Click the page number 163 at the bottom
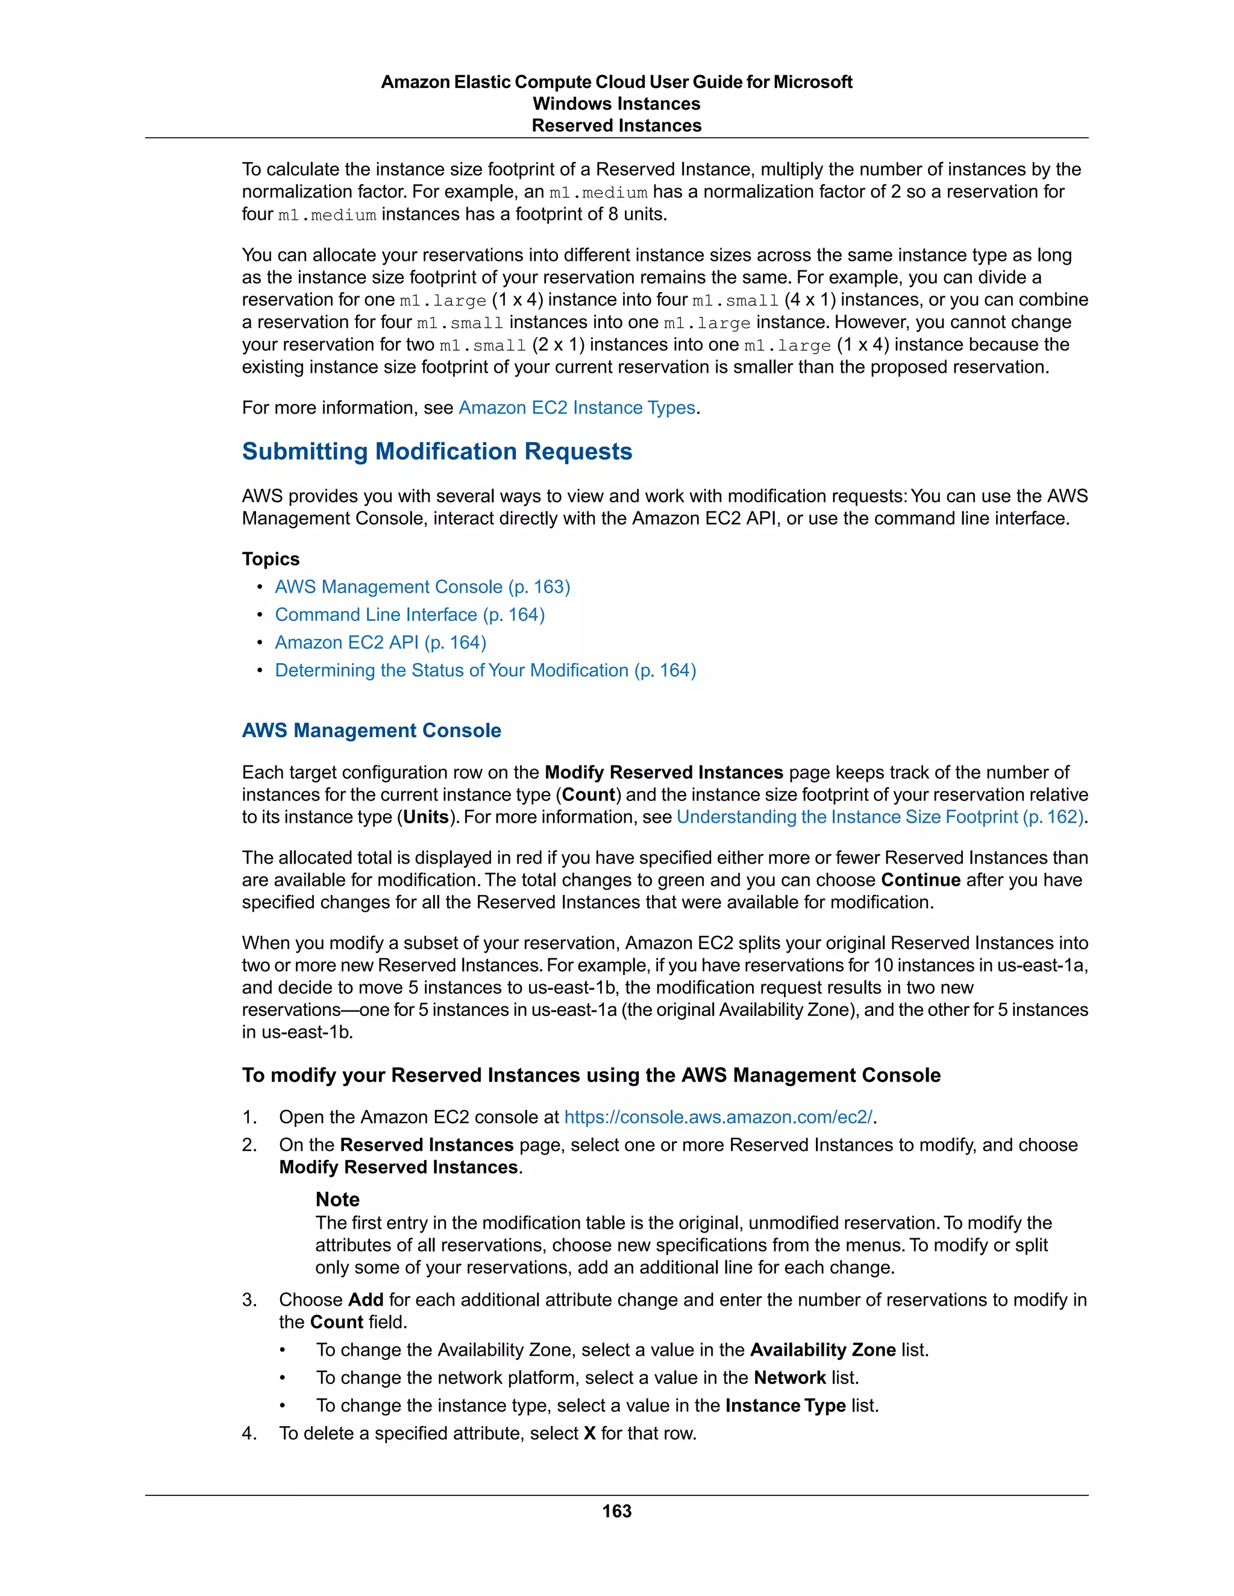[616, 1510]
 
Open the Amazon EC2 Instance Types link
[576, 408]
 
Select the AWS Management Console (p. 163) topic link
[422, 587]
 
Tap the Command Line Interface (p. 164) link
[409, 614]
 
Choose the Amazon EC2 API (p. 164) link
[380, 643]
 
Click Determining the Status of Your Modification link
[486, 670]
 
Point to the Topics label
[271, 559]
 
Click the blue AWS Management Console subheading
[371, 730]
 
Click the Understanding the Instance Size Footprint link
[880, 817]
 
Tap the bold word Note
[337, 1199]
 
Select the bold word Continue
[921, 880]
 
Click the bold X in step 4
[589, 1433]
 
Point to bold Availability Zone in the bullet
[822, 1350]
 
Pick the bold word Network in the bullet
[789, 1377]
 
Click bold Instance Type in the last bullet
[785, 1405]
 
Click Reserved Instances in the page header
[616, 126]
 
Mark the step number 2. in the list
[250, 1145]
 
